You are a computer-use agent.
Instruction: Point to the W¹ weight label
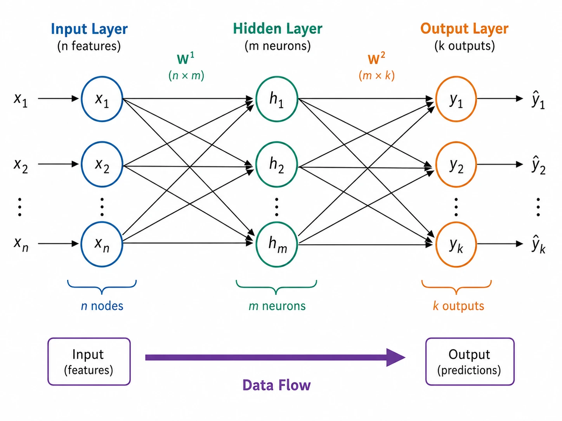pyautogui.click(x=186, y=58)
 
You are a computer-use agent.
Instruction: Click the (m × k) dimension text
pyautogui.click(x=376, y=76)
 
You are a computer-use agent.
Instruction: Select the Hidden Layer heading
pyautogui.click(x=278, y=28)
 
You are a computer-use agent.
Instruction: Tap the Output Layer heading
pyautogui.click(x=464, y=28)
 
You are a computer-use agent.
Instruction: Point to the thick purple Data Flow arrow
pyautogui.click(x=275, y=357)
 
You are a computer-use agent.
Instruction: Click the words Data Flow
pyautogui.click(x=276, y=385)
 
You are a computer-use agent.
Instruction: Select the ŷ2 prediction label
pyautogui.click(x=538, y=165)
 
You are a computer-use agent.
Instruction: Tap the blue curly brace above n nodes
pyautogui.click(x=102, y=287)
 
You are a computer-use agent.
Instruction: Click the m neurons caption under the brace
pyautogui.click(x=277, y=306)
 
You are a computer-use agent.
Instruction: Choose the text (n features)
pyautogui.click(x=89, y=46)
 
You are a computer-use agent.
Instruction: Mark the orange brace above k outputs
pyautogui.click(x=456, y=287)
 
